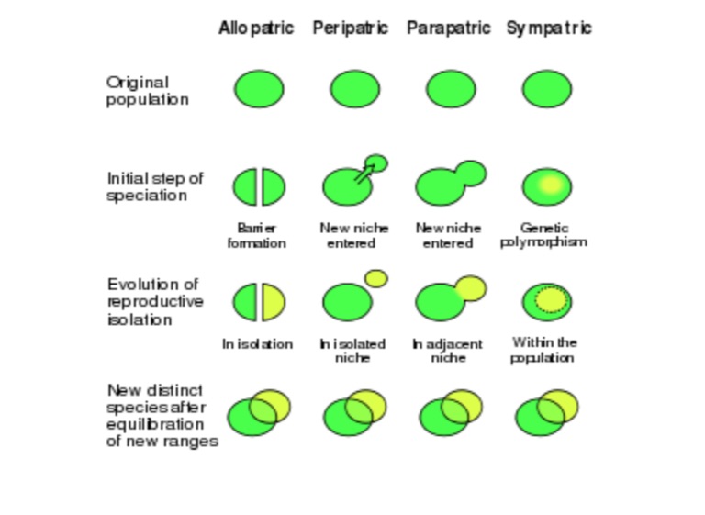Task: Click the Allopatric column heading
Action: coord(256,28)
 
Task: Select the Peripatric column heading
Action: coord(351,28)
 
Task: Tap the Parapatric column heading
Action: coord(448,28)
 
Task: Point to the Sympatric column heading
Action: coord(549,28)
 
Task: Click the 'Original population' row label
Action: coord(148,91)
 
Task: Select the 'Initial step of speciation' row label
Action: coord(155,186)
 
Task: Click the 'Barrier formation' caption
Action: coord(257,236)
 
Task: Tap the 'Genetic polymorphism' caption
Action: coord(543,235)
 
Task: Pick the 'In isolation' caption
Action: coord(258,344)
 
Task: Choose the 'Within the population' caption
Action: coord(543,350)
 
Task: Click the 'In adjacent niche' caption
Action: coord(447,351)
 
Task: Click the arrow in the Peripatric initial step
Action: coord(364,174)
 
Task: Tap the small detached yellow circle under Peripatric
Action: coord(376,278)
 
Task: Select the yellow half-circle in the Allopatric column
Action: coord(274,302)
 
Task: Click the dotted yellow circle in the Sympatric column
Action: coord(551,299)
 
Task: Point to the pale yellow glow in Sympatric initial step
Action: coord(551,185)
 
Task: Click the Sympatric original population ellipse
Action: coord(547,89)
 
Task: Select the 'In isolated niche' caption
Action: coord(352,351)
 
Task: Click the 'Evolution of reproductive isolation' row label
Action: coord(155,302)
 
